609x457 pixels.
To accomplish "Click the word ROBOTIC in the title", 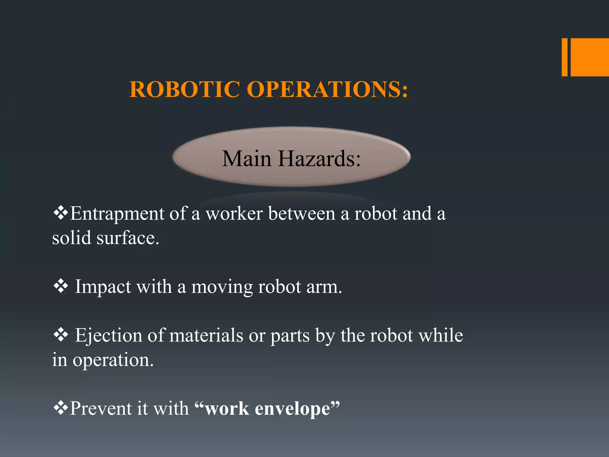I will click(184, 89).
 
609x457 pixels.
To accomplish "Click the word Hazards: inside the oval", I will click(319, 159).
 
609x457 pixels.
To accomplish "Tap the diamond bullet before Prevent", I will click(61, 408).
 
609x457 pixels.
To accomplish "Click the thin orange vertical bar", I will click(564, 57).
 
